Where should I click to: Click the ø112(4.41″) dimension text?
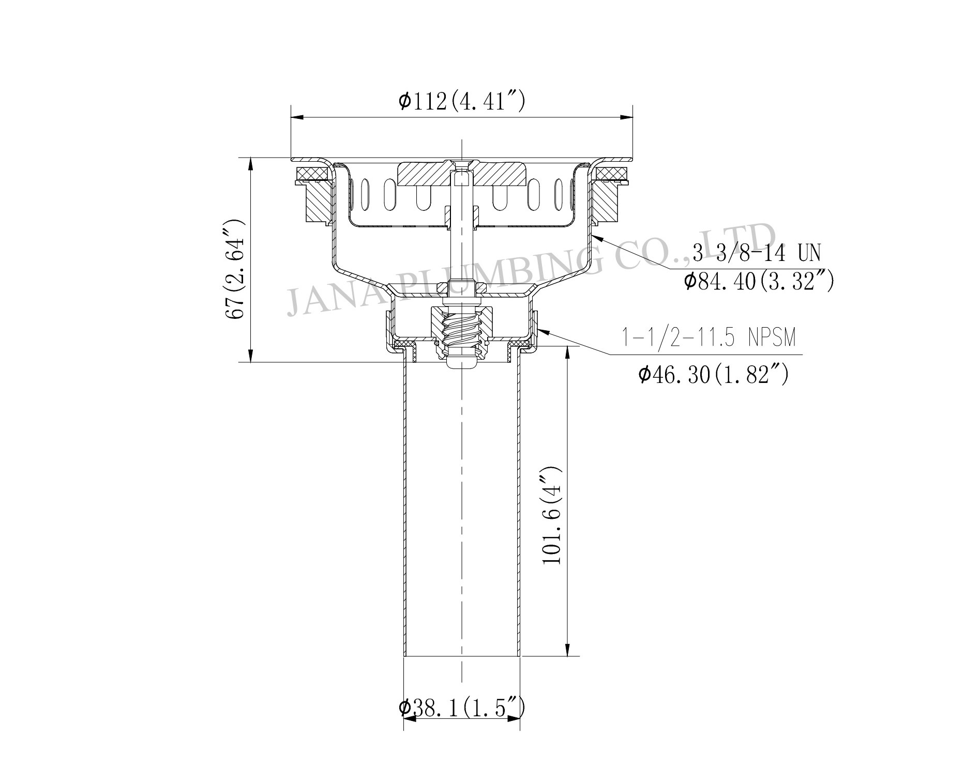tap(461, 101)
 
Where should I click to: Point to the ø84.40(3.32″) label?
tap(758, 282)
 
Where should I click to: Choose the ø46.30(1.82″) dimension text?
tap(714, 375)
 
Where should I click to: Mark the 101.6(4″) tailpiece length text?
tap(552, 515)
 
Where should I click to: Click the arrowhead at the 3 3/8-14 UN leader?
tap(596, 237)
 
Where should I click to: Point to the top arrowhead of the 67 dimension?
tap(251, 162)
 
